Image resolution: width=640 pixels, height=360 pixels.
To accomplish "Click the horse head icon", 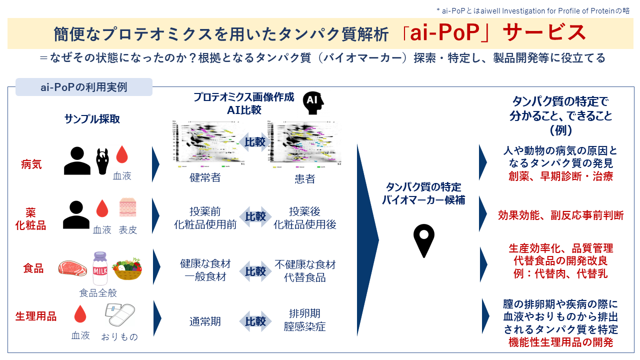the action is click(x=102, y=160).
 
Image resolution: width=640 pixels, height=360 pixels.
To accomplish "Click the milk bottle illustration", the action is click(x=100, y=268).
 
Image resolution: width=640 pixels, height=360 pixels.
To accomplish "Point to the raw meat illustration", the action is click(x=72, y=268).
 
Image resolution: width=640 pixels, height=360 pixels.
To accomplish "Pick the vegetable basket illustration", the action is click(x=127, y=269).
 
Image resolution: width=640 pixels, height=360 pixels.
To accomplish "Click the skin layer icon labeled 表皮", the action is click(x=127, y=208).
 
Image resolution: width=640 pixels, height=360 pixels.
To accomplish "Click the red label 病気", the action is click(x=31, y=163).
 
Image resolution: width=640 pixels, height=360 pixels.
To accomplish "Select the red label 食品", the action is click(x=33, y=268).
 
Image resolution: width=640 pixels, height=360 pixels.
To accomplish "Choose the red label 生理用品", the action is click(x=35, y=316).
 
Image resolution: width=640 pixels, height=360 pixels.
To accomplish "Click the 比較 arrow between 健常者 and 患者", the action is click(x=255, y=142).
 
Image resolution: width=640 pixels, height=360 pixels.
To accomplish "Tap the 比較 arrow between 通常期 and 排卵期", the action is click(x=255, y=321).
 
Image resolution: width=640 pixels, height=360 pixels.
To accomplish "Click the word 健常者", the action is click(x=205, y=177).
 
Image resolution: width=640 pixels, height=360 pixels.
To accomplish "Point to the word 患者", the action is click(x=305, y=178).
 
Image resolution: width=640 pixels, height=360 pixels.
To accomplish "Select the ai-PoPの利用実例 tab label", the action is click(x=84, y=87).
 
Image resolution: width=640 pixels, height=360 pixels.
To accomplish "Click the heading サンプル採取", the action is click(x=92, y=118).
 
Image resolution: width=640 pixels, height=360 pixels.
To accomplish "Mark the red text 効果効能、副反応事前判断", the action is click(x=560, y=215).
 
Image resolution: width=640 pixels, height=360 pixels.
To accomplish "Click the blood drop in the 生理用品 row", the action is click(x=80, y=314).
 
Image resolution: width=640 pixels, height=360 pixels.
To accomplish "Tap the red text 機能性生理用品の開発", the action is click(x=560, y=342).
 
